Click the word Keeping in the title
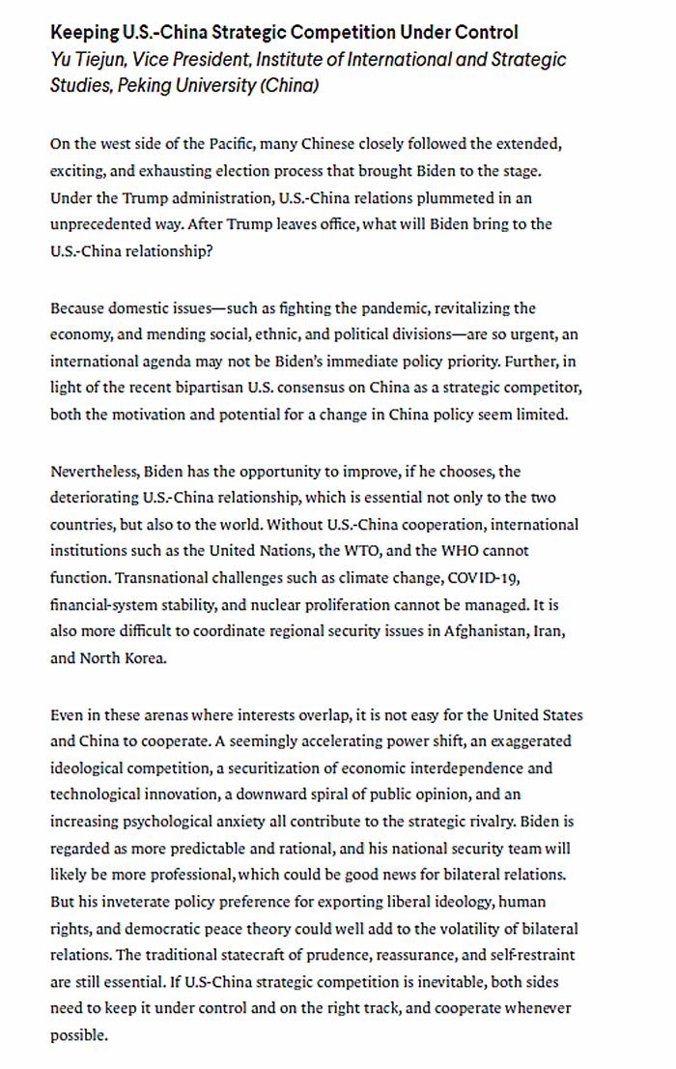tap(84, 32)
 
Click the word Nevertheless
tap(95, 472)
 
